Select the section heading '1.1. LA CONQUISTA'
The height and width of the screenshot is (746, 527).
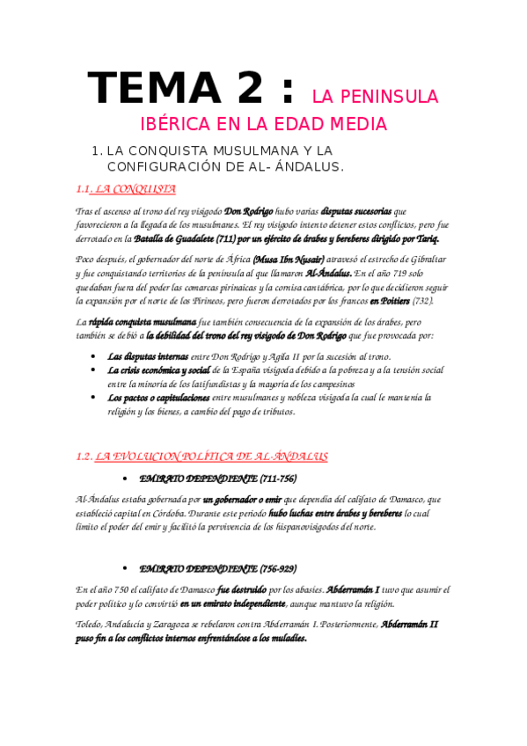(x=126, y=188)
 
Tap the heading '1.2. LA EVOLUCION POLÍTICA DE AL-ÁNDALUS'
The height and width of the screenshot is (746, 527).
(x=201, y=457)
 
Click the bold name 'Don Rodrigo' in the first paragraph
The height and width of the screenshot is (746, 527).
(x=249, y=211)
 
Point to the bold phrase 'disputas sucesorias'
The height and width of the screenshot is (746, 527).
(x=356, y=211)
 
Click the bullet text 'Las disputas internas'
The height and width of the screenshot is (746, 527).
(x=145, y=356)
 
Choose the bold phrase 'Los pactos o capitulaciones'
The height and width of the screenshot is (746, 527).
(x=158, y=398)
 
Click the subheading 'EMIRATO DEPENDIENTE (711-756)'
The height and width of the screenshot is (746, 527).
(x=217, y=478)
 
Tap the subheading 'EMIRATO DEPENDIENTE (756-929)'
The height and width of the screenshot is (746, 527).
(x=217, y=567)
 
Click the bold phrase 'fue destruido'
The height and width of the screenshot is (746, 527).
(x=243, y=589)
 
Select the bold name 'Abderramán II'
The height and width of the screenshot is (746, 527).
(x=409, y=625)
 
